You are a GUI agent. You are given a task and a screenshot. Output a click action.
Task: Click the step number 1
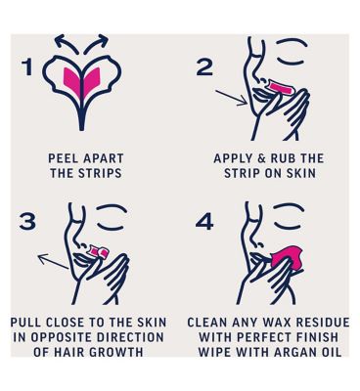coord(27,67)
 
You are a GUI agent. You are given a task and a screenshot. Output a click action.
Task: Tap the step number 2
coord(205,67)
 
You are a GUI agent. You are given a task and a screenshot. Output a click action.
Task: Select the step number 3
coord(27,221)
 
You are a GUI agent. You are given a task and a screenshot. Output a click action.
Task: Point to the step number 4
coord(204,222)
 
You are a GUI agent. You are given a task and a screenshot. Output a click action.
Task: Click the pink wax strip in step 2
coord(281,87)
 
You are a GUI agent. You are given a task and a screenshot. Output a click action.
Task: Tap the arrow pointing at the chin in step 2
coord(231,98)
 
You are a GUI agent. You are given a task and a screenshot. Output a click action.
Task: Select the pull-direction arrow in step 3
coord(53,261)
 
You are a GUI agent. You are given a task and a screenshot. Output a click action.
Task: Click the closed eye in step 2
coord(291,62)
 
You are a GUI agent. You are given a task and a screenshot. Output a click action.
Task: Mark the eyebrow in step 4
coord(289,206)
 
